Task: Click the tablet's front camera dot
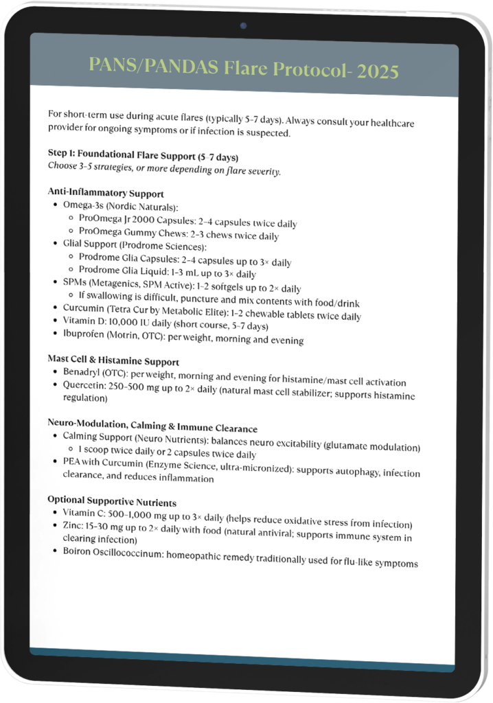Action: click(x=244, y=26)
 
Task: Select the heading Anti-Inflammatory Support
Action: click(x=106, y=194)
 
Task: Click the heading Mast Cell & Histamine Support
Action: click(x=113, y=360)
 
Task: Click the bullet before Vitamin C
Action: click(x=55, y=513)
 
